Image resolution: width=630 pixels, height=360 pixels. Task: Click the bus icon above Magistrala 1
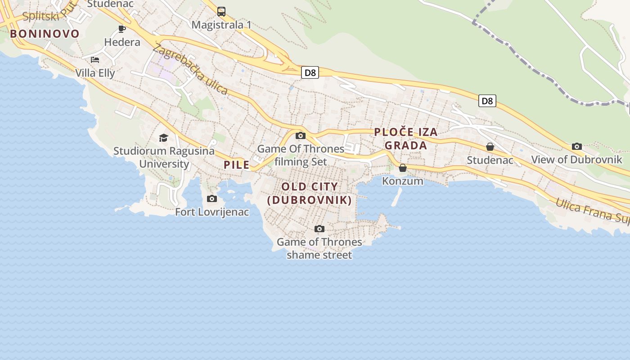(221, 12)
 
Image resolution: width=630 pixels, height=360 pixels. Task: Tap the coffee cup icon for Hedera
(122, 29)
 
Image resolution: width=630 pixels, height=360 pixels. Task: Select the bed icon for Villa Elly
(95, 59)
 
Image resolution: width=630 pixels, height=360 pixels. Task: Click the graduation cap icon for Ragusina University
(163, 138)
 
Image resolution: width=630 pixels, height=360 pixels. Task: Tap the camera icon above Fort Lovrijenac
(212, 198)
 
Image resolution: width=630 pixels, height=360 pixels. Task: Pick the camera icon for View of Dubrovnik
(576, 146)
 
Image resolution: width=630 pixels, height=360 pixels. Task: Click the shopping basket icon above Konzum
(403, 168)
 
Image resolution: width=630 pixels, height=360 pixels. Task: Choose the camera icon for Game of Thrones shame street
(319, 229)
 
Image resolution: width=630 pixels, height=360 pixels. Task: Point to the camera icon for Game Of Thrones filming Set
(301, 135)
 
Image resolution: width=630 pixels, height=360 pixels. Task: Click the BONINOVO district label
(45, 34)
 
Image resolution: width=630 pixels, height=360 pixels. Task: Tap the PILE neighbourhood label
(237, 165)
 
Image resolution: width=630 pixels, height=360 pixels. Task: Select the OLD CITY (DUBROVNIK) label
(310, 193)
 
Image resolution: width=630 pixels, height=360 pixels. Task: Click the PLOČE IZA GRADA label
(406, 139)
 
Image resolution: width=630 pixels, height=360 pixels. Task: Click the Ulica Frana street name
(591, 210)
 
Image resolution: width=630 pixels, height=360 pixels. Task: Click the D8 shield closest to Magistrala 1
(310, 72)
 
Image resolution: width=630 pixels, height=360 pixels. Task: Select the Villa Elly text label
(95, 73)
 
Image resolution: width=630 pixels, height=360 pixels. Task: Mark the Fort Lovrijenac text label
(212, 212)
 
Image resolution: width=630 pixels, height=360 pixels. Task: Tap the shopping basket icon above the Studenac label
(490, 147)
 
